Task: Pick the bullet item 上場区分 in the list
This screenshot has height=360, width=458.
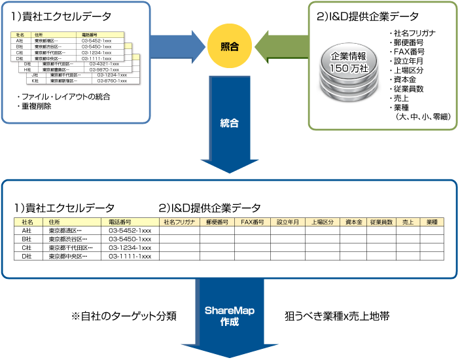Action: [x=409, y=70]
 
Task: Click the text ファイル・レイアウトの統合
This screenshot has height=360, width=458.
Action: [x=63, y=97]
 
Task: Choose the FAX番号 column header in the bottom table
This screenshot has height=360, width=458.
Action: [x=252, y=222]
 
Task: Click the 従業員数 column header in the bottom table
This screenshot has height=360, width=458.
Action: [x=381, y=222]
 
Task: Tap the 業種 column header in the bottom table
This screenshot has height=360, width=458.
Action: [x=432, y=222]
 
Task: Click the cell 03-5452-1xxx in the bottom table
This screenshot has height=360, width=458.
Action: [x=130, y=230]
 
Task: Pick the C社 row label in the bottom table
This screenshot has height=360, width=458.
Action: [x=27, y=247]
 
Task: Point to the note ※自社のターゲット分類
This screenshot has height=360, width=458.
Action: [x=124, y=315]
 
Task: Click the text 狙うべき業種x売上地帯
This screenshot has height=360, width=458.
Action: [x=338, y=315]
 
